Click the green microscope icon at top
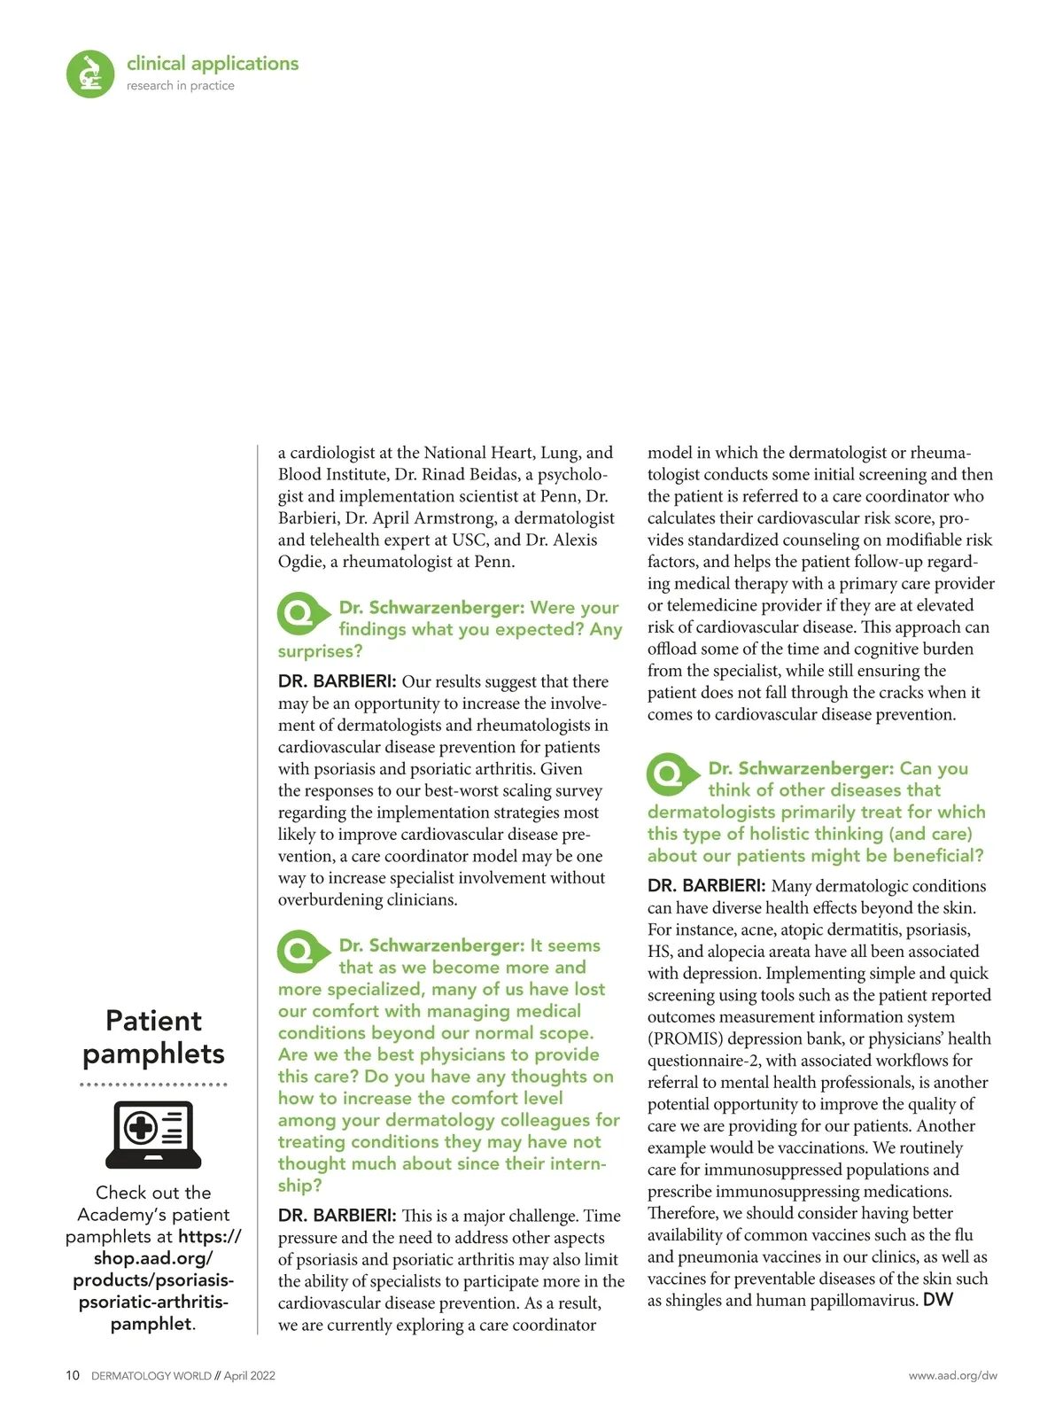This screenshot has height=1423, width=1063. pos(90,74)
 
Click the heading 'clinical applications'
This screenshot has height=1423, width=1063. pos(213,64)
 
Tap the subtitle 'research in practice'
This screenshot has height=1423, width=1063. pos(181,86)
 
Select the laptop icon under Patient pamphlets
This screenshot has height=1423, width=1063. pos(153,1134)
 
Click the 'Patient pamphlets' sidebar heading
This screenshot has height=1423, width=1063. pos(153,1037)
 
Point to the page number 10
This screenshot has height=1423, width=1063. pos(73,1376)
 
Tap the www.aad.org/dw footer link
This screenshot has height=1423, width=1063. pos(952,1376)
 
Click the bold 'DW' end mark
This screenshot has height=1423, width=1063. pos(937,1300)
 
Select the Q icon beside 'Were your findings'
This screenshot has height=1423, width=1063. pos(300,613)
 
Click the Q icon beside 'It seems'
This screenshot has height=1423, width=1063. pos(300,952)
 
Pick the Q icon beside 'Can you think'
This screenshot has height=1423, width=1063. pos(670,774)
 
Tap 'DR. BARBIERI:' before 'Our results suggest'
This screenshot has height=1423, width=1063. pos(337,681)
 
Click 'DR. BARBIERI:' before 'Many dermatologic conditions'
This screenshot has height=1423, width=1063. pos(706,886)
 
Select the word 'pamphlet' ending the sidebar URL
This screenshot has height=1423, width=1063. pos(151,1324)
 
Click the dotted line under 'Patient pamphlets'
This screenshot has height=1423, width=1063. pos(153,1085)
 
